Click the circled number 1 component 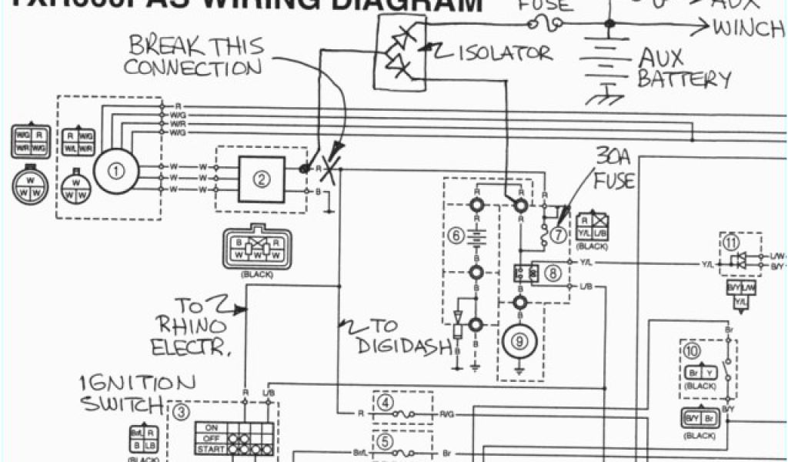coord(116,172)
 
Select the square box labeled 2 coord(262,179)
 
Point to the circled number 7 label coord(559,233)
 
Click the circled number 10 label coord(693,353)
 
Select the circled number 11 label coord(731,243)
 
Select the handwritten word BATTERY coord(685,79)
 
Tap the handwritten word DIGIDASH coord(404,346)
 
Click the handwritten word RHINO coord(191,325)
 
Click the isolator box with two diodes coord(399,52)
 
